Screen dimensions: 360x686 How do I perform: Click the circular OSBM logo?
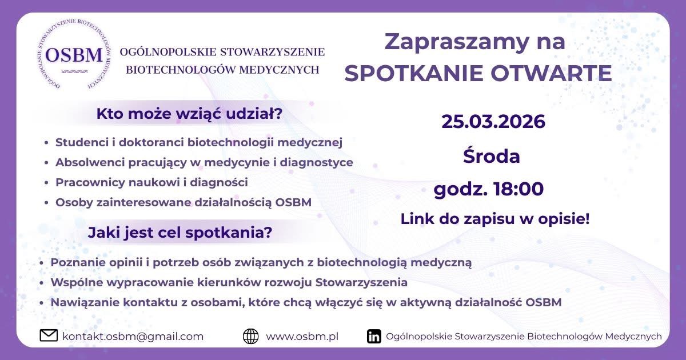coord(74,56)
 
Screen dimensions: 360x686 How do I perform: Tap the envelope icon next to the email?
coord(49,336)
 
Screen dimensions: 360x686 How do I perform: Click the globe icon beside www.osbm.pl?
coord(250,336)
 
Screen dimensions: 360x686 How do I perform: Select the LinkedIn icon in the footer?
coord(374,337)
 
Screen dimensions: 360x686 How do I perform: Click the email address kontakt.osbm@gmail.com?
coord(133,337)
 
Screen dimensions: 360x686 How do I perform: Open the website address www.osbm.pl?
coord(302,337)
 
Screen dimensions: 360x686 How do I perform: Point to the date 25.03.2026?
coord(493,122)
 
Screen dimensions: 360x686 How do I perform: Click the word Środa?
coord(491,156)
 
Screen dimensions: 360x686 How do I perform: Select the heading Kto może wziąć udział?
coord(189,114)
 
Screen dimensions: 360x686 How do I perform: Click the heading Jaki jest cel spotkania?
coord(180,233)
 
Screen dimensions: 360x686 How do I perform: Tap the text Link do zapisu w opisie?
coord(495,219)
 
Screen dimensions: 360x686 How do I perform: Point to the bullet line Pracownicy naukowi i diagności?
coord(151,183)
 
